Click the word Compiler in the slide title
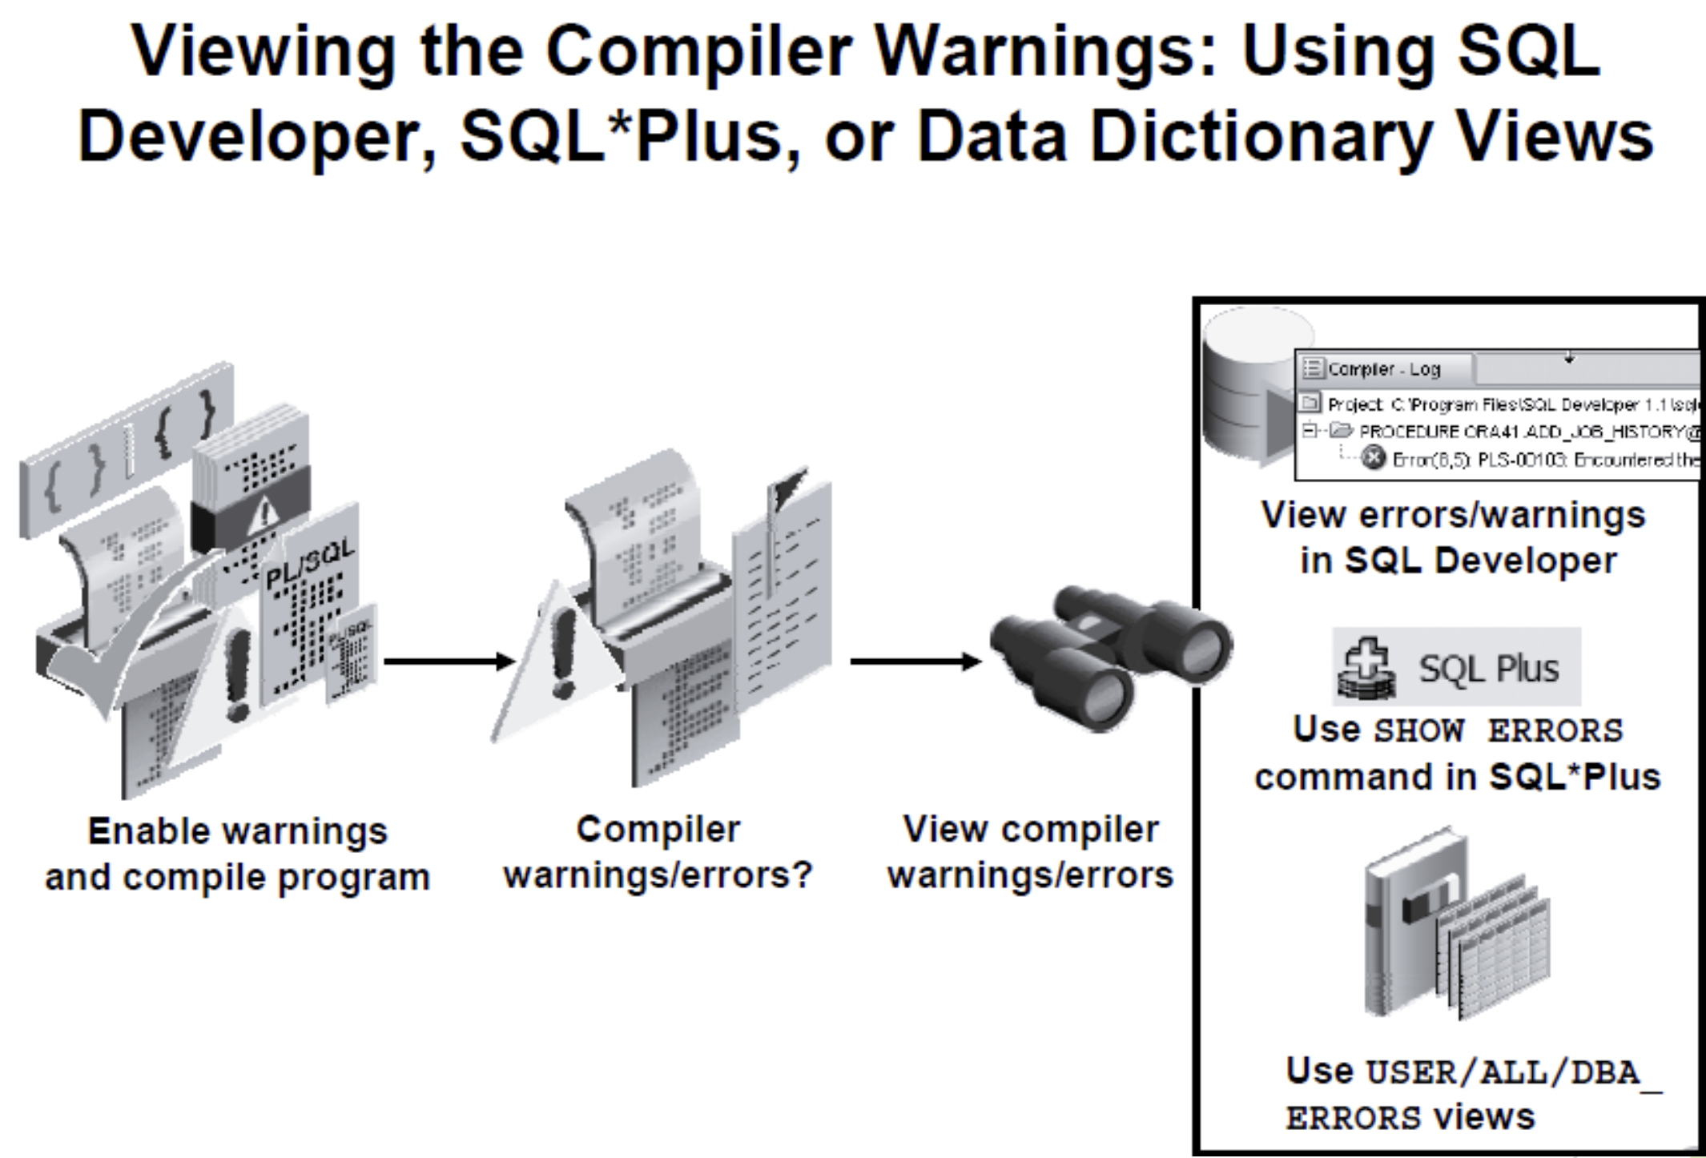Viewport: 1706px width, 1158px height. (x=698, y=53)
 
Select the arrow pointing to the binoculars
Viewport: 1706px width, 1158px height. (x=915, y=661)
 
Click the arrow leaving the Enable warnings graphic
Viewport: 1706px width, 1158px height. (x=449, y=661)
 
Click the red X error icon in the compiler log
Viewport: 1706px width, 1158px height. (x=1373, y=458)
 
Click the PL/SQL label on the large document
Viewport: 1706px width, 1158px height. (x=309, y=565)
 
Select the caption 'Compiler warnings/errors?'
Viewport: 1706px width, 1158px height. (x=658, y=852)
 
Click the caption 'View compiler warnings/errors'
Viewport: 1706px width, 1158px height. (x=1030, y=852)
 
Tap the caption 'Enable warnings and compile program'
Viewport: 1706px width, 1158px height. (x=237, y=854)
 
